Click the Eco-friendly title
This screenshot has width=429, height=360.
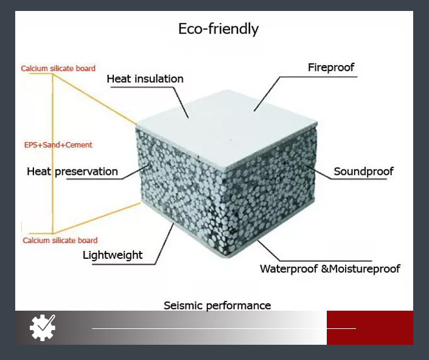(x=218, y=29)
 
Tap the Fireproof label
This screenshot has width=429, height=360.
(x=331, y=68)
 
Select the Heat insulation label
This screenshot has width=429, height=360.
(x=145, y=79)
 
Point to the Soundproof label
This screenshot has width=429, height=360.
(x=364, y=172)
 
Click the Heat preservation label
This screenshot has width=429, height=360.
(x=72, y=172)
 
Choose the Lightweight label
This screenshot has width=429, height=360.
(x=113, y=255)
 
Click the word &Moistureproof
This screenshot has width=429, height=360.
(x=361, y=269)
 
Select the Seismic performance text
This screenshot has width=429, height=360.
(x=217, y=305)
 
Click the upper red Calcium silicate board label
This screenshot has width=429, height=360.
(x=58, y=68)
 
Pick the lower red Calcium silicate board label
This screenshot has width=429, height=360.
(x=60, y=241)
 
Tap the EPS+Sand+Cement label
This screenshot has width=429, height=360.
(x=58, y=145)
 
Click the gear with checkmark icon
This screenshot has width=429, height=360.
(x=43, y=328)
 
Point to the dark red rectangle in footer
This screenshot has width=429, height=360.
(x=370, y=328)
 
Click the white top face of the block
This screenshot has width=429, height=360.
(x=227, y=129)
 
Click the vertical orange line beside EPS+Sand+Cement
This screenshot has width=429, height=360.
(x=52, y=154)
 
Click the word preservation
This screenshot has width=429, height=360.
(x=86, y=172)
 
